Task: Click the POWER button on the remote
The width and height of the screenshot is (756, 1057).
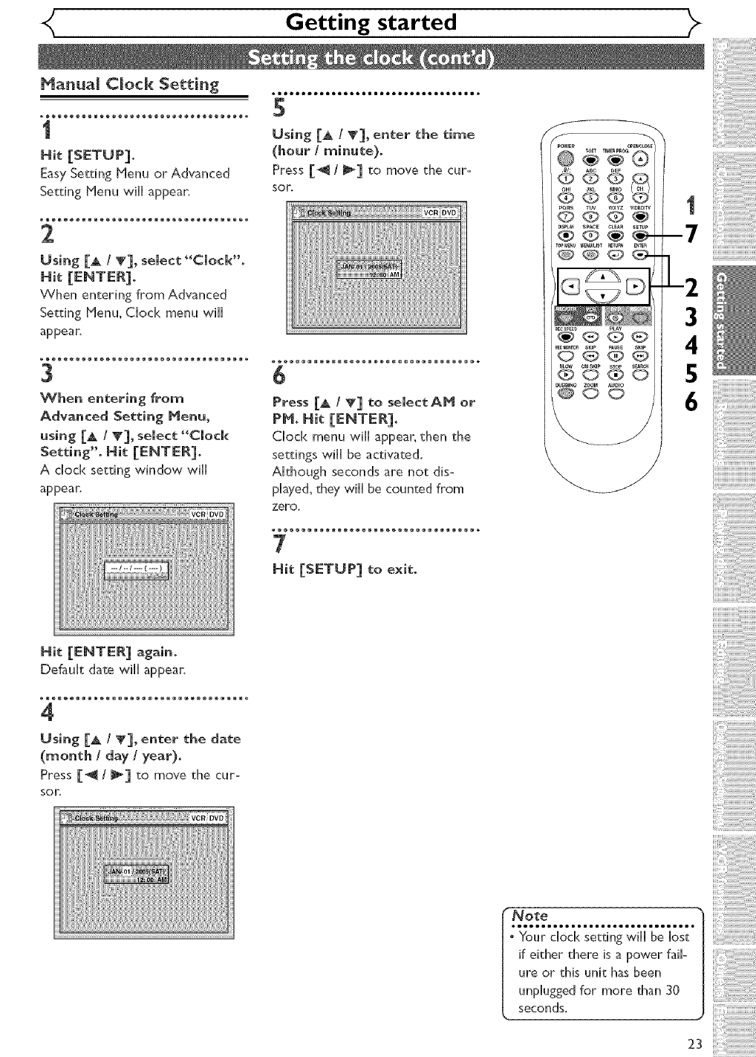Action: [566, 158]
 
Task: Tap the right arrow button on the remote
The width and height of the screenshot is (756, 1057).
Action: [639, 286]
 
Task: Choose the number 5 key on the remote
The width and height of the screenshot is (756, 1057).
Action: [590, 197]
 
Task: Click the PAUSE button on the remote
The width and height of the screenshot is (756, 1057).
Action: [616, 355]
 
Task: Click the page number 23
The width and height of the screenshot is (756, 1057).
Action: [694, 1044]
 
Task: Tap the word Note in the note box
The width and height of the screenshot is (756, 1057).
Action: [531, 915]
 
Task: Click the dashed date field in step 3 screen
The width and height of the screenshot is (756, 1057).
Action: [138, 569]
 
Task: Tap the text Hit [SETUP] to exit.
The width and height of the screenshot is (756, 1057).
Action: [344, 569]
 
